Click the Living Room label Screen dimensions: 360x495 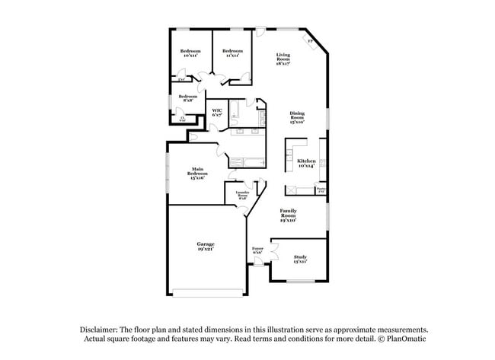283,59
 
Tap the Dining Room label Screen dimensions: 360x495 297,117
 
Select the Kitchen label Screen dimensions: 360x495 306,164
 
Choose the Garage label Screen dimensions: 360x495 205,246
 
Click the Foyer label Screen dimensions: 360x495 257,250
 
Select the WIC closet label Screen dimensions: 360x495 217,113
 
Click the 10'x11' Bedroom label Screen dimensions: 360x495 190,53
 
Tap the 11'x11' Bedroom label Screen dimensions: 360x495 232,53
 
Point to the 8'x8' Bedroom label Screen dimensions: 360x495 187,98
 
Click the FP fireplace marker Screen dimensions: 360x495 310,41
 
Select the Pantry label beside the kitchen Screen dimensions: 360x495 321,190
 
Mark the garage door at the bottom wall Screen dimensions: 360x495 208,292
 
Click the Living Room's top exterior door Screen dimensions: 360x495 260,31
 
